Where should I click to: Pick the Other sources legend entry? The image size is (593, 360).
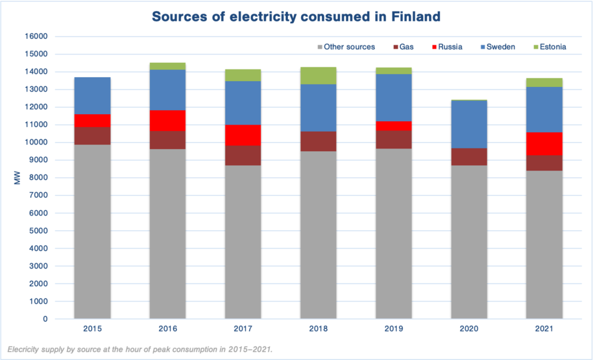pos(345,47)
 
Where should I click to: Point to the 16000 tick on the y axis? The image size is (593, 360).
pos(36,36)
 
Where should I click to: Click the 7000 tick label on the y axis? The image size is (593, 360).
pos(38,195)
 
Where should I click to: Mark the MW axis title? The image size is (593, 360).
pos(18,178)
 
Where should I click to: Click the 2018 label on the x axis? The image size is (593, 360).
pos(318,330)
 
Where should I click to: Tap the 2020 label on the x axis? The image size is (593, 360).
pos(468,330)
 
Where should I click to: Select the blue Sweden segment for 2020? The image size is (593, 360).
pos(468,124)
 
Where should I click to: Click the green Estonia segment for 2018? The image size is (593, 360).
pos(318,75)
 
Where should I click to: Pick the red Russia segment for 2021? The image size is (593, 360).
pos(544,143)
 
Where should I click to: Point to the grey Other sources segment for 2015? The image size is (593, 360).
pos(92,232)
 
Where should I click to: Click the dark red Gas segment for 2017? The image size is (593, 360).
pos(243,155)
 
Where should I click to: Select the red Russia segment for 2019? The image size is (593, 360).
pos(393,126)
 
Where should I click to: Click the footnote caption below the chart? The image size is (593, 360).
pos(140,350)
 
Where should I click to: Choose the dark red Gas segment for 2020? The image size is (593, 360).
pos(468,156)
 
